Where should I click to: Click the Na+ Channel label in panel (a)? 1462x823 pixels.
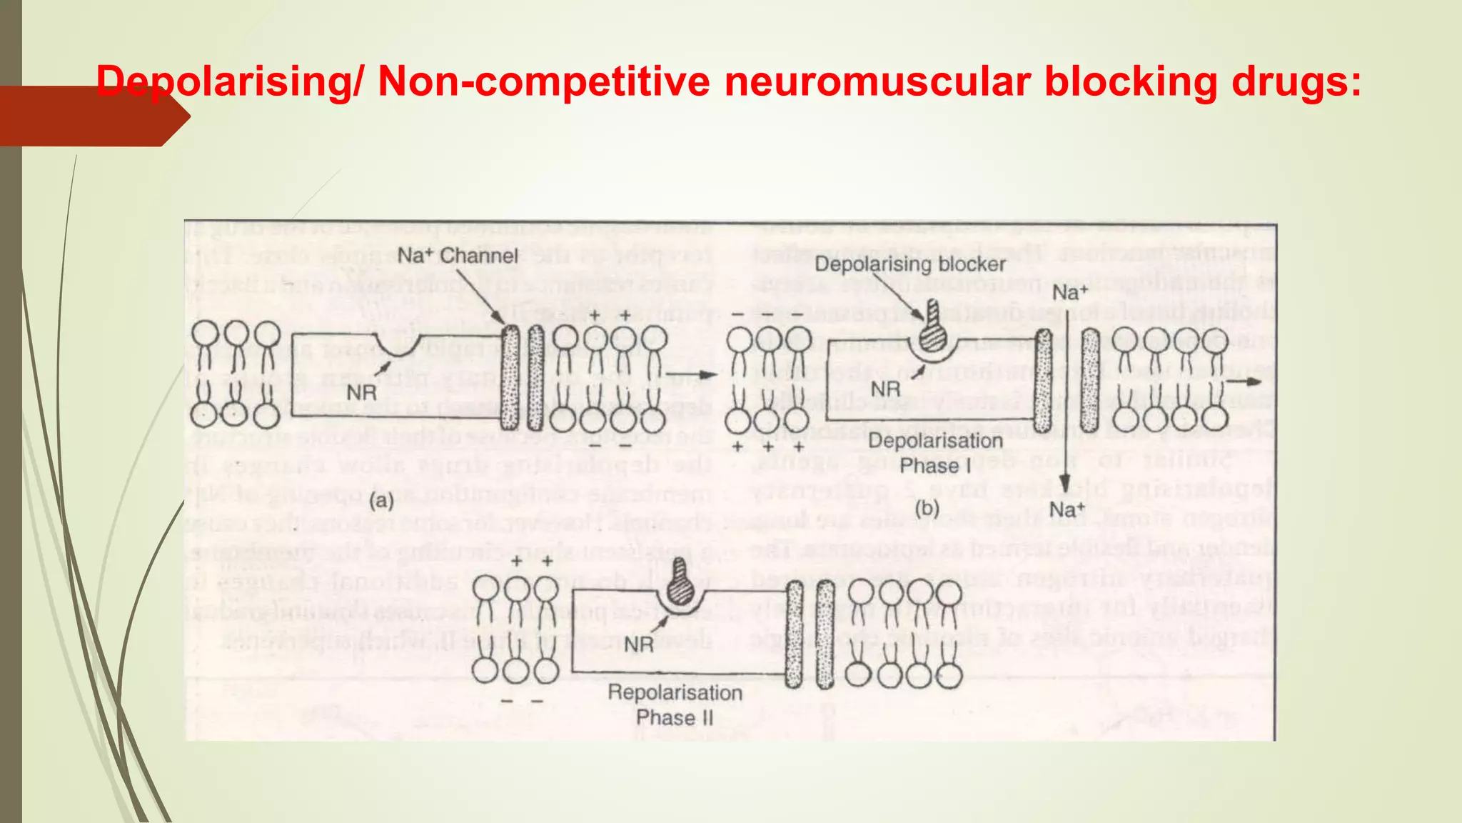click(x=457, y=256)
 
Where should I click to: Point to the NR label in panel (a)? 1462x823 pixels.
click(x=362, y=392)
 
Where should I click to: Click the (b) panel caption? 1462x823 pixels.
click(x=927, y=509)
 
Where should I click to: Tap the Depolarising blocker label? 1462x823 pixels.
click(x=909, y=264)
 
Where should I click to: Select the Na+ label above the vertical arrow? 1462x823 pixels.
click(x=1069, y=292)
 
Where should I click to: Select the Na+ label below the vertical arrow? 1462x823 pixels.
click(x=1067, y=510)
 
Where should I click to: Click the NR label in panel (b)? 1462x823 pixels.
click(x=886, y=389)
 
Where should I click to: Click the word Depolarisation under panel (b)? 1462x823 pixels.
click(x=935, y=442)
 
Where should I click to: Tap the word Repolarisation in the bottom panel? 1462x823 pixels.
click(x=675, y=693)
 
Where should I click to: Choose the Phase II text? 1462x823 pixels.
click(x=675, y=717)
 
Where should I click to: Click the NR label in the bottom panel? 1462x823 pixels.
click(x=639, y=644)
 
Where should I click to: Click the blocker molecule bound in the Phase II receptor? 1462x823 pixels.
click(x=681, y=589)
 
